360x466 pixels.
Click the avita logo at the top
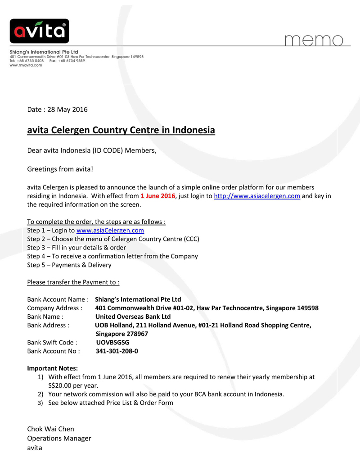point(39,31)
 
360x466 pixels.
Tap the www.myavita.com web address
point(26,65)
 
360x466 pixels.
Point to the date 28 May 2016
point(67,109)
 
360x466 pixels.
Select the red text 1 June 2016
point(157,196)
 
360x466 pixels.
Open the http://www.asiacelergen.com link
point(256,196)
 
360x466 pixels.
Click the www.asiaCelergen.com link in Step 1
point(110,230)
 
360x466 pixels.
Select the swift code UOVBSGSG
point(112,342)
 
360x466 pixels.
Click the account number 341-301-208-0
point(117,351)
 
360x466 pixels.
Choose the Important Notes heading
point(53,368)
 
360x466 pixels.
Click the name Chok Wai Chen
point(50,429)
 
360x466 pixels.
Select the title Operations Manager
point(59,438)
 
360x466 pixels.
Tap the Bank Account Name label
point(57,299)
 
